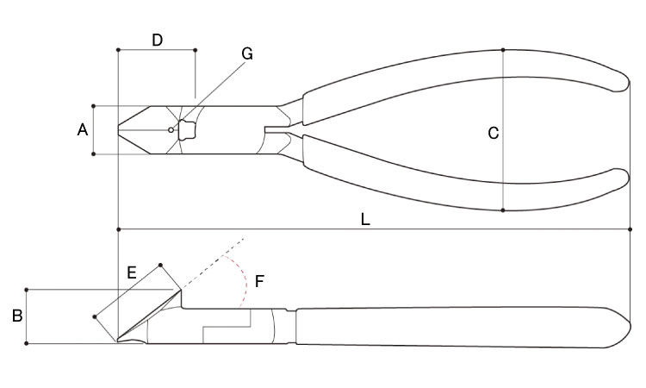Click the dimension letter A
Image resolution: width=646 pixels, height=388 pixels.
coord(83,130)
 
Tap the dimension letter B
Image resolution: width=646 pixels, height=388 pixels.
coord(17,316)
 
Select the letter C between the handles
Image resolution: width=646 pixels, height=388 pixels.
coord(494,133)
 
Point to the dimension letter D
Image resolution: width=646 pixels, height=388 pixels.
coord(158,40)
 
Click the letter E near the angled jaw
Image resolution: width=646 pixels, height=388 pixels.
coord(132,272)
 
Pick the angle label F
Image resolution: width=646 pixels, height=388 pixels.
coord(258,282)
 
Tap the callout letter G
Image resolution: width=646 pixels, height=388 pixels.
coord(247,53)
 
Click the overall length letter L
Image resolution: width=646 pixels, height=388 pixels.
coord(365,219)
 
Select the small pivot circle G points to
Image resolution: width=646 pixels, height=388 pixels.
coord(171,130)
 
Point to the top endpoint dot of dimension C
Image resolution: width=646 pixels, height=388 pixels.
coord(503,50)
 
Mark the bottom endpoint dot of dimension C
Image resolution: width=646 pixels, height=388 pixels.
coord(503,210)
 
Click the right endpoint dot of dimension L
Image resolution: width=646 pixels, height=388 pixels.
coord(630,229)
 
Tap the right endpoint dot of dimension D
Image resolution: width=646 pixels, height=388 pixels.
coord(196,50)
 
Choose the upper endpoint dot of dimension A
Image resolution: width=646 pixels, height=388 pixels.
coord(94,106)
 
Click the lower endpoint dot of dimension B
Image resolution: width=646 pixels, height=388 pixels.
coord(27,343)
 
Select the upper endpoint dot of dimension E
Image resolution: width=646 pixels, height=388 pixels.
coord(161,265)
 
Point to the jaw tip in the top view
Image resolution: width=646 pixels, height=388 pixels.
coord(119,130)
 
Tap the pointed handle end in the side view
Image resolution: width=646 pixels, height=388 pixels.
coord(629,327)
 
